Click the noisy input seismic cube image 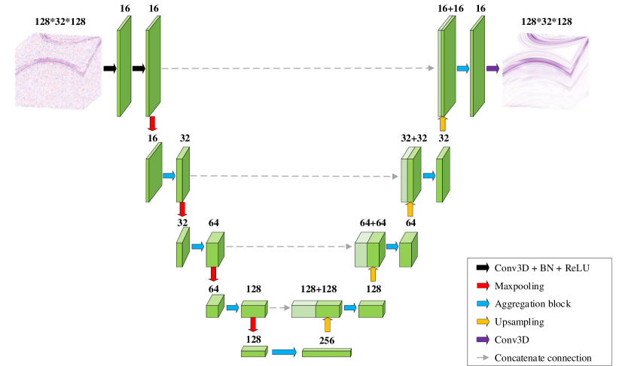56,72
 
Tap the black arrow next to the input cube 108,68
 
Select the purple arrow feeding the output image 492,68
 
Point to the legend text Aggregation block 532,304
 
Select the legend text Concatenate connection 543,358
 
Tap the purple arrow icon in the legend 482,340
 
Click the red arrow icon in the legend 482,286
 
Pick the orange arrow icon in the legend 482,322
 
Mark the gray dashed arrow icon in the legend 482,358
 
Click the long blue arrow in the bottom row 284,352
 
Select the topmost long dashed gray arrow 298,68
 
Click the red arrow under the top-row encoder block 152,123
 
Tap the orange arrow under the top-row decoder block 443,123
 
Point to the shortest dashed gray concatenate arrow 280,307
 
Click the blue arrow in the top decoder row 462,68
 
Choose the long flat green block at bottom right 326,352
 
